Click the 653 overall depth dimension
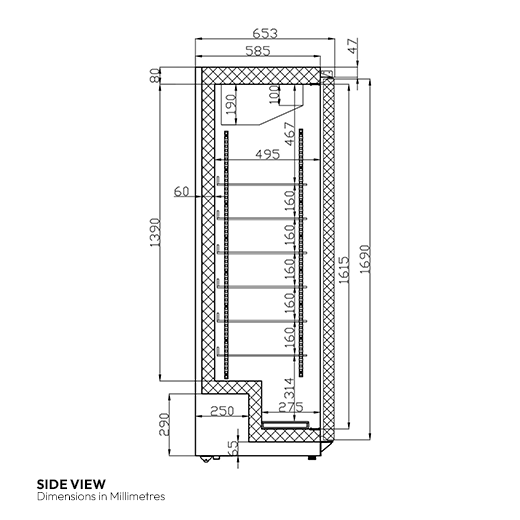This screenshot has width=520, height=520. click(x=265, y=33)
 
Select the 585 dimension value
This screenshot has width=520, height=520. click(x=258, y=51)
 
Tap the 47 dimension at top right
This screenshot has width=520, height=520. click(x=353, y=46)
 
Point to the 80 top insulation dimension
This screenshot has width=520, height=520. click(x=155, y=76)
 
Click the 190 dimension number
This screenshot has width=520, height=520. click(x=230, y=104)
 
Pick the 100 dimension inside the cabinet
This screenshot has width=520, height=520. click(x=274, y=95)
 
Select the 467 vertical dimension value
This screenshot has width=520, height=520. click(x=289, y=134)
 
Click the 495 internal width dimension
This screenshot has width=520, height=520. click(x=268, y=154)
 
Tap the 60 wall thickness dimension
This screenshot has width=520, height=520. click(x=182, y=192)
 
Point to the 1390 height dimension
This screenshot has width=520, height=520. click(x=155, y=233)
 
